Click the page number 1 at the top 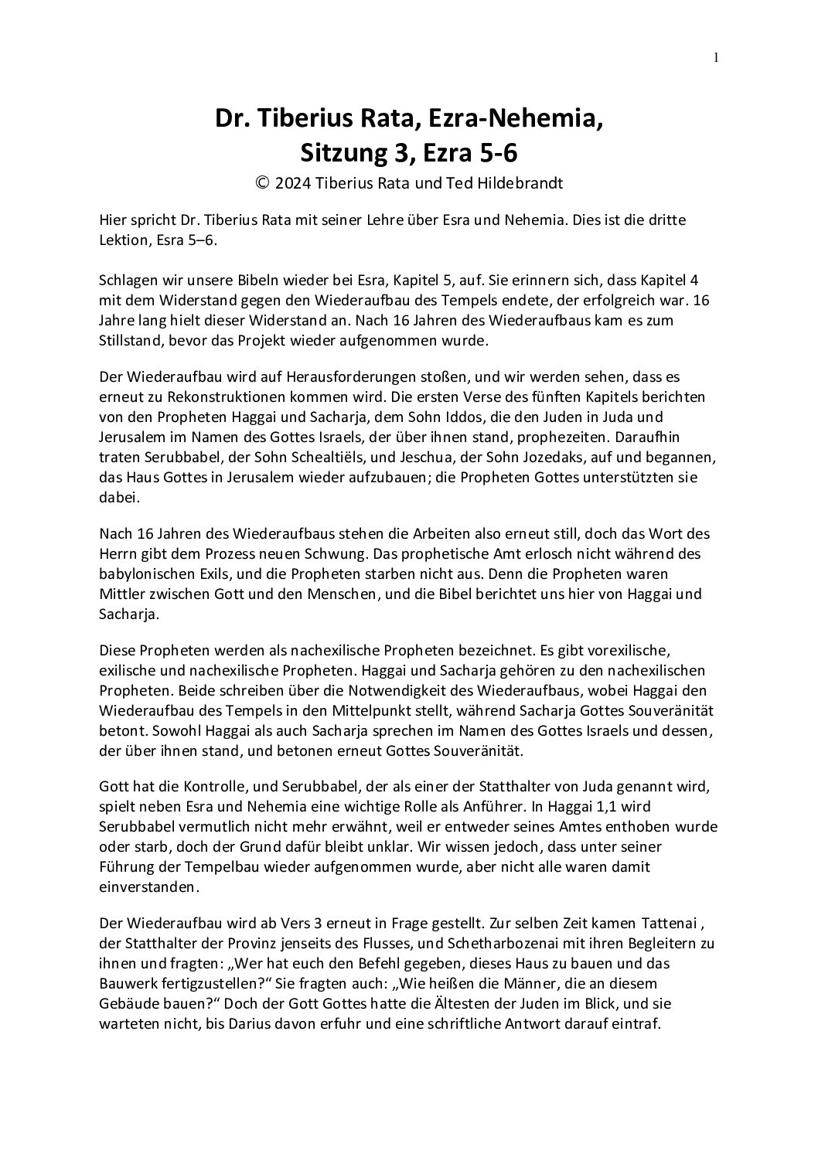click(x=716, y=56)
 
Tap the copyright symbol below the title click(x=264, y=184)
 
